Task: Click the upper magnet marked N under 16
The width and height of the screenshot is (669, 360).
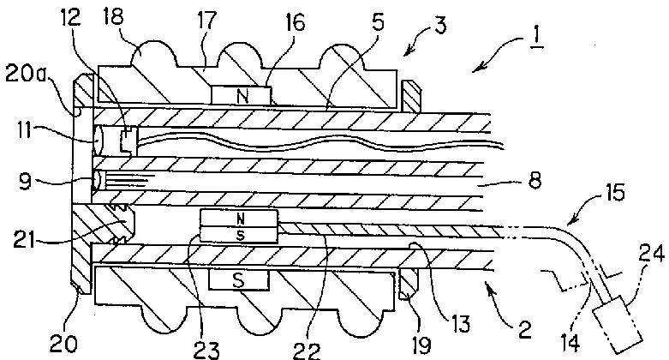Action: (x=243, y=97)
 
